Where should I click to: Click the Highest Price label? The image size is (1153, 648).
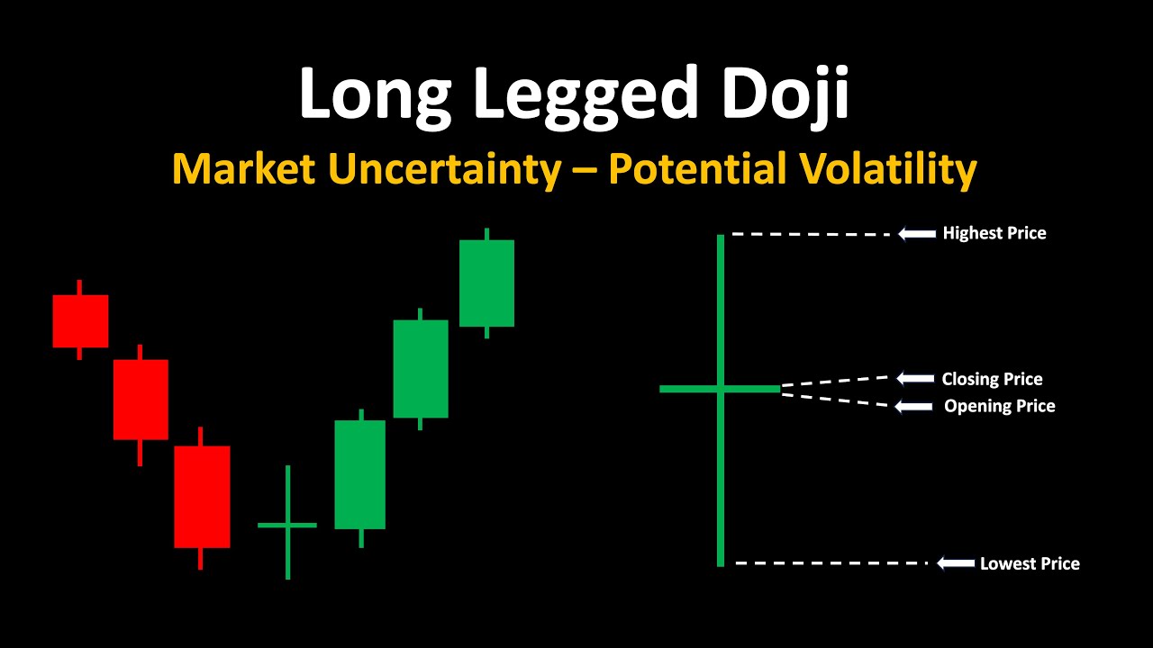[994, 233]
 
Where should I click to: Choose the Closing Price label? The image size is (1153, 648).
[992, 379]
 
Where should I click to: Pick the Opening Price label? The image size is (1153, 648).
[999, 406]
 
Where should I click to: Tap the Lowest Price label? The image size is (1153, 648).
[1030, 563]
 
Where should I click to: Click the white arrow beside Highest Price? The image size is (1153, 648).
[917, 234]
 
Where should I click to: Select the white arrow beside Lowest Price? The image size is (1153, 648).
[956, 563]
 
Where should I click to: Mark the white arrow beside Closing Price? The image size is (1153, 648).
[914, 379]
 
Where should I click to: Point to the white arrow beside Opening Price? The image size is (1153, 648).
[913, 407]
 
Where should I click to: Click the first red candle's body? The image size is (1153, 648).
[80, 320]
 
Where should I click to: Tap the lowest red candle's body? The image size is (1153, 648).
[202, 496]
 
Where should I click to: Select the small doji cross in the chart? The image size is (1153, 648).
[287, 524]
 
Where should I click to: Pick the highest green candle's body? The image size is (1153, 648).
[486, 283]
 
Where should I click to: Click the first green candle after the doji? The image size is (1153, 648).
[359, 474]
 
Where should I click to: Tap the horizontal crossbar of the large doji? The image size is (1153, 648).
[694, 389]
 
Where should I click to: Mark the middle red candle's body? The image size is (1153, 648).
[141, 399]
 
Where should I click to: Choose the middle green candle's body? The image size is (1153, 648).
[421, 368]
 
